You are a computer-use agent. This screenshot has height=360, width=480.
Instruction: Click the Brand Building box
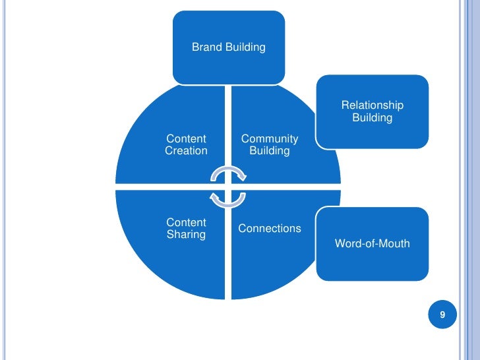(x=229, y=47)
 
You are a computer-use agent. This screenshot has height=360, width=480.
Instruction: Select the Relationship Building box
(x=372, y=111)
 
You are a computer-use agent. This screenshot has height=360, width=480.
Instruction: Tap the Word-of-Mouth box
(x=372, y=243)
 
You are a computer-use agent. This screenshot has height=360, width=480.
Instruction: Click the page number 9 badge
(x=442, y=315)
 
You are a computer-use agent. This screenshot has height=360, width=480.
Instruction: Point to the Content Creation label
(x=186, y=144)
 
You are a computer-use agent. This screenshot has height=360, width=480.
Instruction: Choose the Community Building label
(x=269, y=144)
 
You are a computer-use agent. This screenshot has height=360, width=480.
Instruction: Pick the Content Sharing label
(x=186, y=228)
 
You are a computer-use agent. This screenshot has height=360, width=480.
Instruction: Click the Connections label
(x=269, y=228)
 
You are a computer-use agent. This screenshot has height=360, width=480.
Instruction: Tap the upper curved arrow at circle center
(x=228, y=173)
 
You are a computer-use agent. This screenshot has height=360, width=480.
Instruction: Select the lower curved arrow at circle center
(x=228, y=198)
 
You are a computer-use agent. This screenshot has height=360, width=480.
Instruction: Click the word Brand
(x=206, y=47)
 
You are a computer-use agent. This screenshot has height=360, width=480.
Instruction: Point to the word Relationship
(x=372, y=105)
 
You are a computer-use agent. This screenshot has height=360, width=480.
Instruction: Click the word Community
(x=269, y=138)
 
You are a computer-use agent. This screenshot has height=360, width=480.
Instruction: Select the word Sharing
(x=186, y=234)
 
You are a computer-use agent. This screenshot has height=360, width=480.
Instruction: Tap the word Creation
(x=186, y=150)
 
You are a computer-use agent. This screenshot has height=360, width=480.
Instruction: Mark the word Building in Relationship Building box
(x=372, y=118)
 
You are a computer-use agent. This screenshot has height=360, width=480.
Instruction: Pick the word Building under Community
(x=269, y=151)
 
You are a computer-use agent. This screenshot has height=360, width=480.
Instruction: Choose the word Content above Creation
(x=186, y=138)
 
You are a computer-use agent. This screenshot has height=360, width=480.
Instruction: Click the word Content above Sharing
(x=186, y=222)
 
